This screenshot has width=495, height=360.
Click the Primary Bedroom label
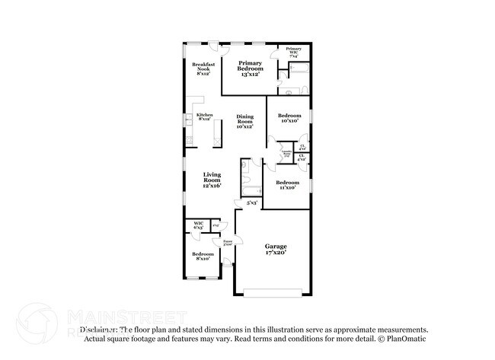tap(250, 68)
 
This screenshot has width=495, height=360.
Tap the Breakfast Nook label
tap(203, 68)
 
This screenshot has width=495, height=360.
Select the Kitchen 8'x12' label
tap(205, 117)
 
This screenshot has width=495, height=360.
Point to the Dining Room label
tap(244, 121)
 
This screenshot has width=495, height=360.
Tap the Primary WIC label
tap(293, 51)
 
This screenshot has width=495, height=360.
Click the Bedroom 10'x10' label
tap(288, 118)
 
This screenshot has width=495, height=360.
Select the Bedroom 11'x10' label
tap(287, 184)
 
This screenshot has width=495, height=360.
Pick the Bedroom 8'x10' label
tap(203, 256)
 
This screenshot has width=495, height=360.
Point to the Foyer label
tap(227, 243)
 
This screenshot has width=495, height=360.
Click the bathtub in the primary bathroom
tap(298, 73)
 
